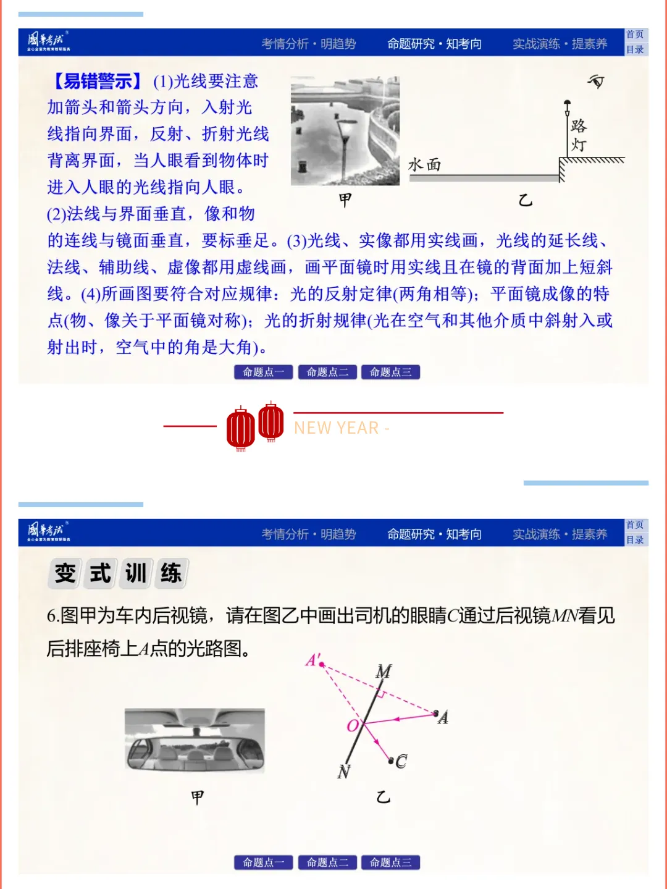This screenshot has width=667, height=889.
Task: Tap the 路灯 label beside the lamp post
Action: click(579, 135)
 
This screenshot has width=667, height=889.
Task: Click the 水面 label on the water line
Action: click(424, 164)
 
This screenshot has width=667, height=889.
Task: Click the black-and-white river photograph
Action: click(345, 131)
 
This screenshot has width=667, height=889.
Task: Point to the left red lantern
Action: click(240, 428)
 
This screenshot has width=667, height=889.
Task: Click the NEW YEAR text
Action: click(341, 428)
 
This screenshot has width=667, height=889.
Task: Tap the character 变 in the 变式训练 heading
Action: click(65, 573)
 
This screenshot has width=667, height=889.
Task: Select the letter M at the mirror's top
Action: click(384, 672)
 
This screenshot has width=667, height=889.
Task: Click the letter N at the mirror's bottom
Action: click(344, 771)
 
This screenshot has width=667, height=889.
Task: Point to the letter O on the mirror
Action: click(353, 725)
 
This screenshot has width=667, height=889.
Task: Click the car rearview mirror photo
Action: click(195, 741)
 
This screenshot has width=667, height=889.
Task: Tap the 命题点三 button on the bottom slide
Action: click(390, 862)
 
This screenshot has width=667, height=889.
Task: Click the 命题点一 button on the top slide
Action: click(263, 372)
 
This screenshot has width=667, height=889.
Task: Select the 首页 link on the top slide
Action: click(635, 35)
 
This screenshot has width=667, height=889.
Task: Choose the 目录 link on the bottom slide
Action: click(635, 540)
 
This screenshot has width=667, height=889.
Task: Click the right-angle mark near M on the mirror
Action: click(381, 695)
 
